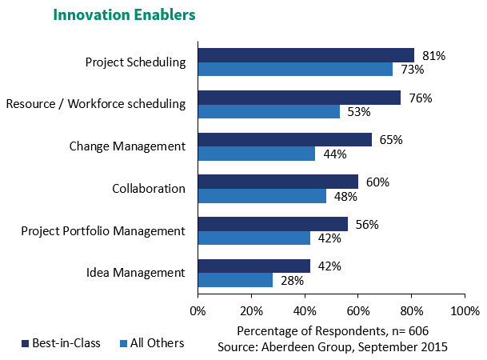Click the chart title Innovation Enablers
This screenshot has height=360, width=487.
pyautogui.click(x=124, y=15)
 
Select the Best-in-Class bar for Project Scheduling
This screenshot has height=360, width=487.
pyautogui.click(x=305, y=55)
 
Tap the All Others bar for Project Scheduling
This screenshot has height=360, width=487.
pyautogui.click(x=295, y=70)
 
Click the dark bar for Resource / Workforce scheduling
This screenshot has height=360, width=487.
pyautogui.click(x=299, y=98)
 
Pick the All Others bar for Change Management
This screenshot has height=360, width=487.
pyautogui.click(x=256, y=154)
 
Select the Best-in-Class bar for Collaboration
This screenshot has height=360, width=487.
pyautogui.click(x=277, y=182)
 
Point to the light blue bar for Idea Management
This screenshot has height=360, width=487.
pyautogui.click(x=235, y=280)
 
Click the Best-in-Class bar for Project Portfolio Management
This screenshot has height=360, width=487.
pyautogui.click(x=273, y=223)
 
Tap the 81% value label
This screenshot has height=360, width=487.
pyautogui.click(x=433, y=56)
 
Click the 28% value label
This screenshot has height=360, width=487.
pyautogui.click(x=292, y=281)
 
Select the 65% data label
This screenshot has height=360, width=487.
pyautogui.click(x=391, y=140)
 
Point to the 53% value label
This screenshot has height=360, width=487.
pyautogui.click(x=359, y=112)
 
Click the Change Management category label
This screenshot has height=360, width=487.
pyautogui.click(x=127, y=146)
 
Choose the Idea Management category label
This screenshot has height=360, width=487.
pyautogui.click(x=135, y=273)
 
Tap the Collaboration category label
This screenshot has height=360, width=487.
pyautogui.click(x=149, y=189)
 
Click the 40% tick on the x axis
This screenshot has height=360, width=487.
pyautogui.click(x=304, y=310)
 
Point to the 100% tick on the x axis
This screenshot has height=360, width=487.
pyautogui.click(x=464, y=310)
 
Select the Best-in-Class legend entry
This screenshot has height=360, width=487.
pyautogui.click(x=61, y=343)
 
